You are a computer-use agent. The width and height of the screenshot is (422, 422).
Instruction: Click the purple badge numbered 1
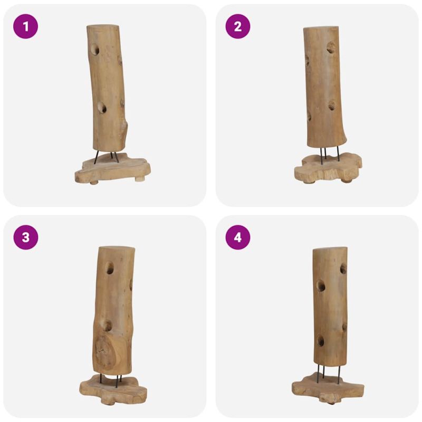tap(25, 26)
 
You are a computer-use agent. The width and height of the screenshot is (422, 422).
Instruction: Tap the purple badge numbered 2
tap(238, 26)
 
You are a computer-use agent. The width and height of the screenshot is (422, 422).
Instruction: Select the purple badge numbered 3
tap(25, 237)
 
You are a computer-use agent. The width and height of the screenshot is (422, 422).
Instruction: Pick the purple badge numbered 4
tap(238, 237)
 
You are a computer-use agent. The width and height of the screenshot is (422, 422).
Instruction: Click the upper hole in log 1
tap(95, 50)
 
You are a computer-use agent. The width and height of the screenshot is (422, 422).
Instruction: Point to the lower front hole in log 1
tap(102, 108)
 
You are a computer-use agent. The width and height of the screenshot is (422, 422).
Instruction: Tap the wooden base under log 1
tap(112, 168)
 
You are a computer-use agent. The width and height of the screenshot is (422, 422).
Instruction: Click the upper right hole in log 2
tap(331, 47)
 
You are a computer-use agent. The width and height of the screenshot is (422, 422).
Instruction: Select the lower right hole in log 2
tap(332, 105)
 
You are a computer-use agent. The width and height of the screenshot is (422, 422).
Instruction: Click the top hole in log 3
tap(110, 268)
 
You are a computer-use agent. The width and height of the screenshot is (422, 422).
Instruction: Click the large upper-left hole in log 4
tap(320, 286)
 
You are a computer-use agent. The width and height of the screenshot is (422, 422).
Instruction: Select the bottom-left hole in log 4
tap(320, 341)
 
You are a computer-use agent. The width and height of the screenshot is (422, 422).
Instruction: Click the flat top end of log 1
tap(103, 26)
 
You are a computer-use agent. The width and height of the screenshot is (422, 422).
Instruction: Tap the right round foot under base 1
tap(140, 179)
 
